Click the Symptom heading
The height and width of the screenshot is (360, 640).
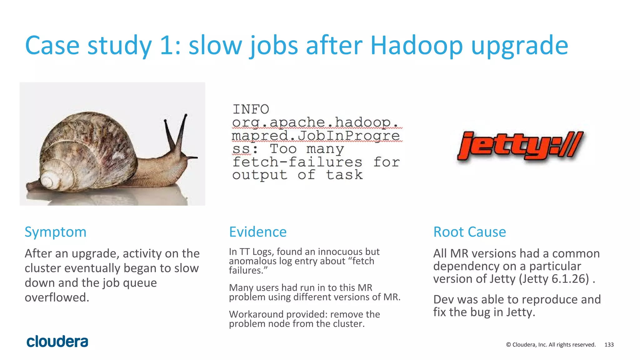pos(56,232)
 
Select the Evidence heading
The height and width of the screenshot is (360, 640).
pos(258,232)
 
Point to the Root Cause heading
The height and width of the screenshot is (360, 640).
pos(469,232)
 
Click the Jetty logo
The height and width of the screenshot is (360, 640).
pos(520,145)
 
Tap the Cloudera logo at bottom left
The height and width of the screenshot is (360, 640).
pos(57,342)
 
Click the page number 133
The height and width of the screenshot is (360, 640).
pos(609,345)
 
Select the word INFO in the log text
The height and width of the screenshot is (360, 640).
pos(251,109)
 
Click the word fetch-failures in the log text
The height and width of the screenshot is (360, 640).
pos(297,162)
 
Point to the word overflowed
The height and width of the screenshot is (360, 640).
pos(57,297)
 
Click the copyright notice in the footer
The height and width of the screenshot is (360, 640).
pos(551,345)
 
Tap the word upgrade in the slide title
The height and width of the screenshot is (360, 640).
pos(519,45)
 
